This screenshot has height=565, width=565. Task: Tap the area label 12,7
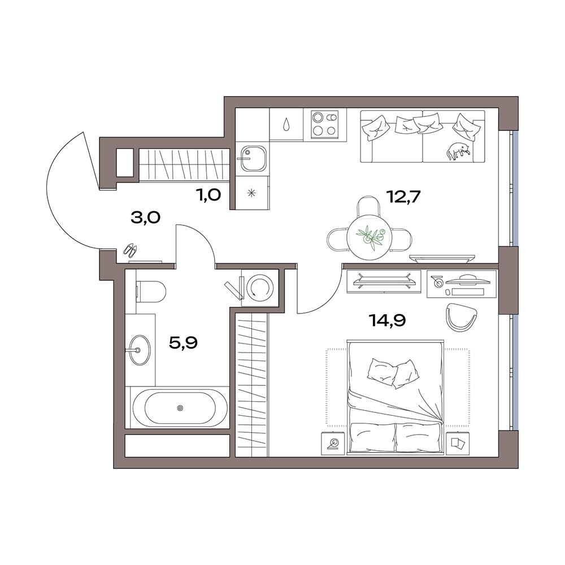coord(403,197)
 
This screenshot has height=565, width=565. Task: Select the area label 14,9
coord(388,320)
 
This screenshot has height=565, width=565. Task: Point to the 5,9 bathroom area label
coord(183,343)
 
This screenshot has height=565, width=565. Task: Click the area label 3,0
coord(145,218)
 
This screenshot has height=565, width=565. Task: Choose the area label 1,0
coord(208,195)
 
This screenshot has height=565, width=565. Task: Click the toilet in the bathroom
coord(151,291)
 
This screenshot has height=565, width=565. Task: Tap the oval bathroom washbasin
coord(140,350)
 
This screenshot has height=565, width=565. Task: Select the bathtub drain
coord(180,408)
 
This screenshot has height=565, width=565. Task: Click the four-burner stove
coord(325,124)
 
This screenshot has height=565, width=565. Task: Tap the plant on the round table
coord(370,237)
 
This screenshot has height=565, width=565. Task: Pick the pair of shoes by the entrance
coord(130,250)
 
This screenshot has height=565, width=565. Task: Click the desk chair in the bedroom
coord(462,316)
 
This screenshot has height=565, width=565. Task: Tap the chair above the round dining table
coord(368,206)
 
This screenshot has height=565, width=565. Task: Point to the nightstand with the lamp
coord(333,443)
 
